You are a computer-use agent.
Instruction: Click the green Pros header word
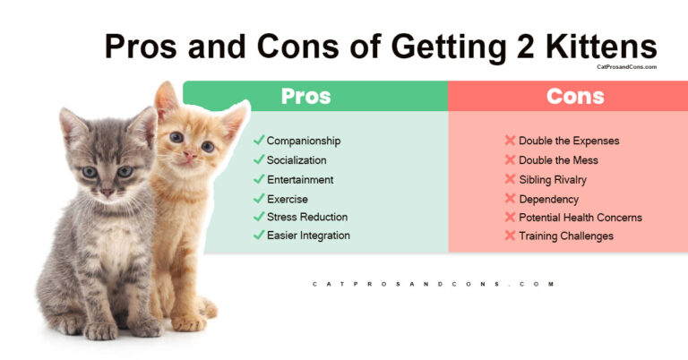coord(305,97)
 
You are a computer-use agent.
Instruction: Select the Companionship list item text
coord(303,141)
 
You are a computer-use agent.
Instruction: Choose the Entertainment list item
coord(299,179)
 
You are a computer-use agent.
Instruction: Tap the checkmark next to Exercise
coord(258,198)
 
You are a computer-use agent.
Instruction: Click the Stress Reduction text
coord(306,217)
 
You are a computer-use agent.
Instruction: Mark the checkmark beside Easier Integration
coord(258,236)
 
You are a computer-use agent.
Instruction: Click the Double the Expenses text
coord(569,141)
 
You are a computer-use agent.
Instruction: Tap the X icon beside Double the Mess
coord(510,160)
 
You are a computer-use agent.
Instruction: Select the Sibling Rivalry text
coord(553,179)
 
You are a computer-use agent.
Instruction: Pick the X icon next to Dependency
coord(510,198)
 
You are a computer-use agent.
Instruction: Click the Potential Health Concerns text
coord(580,217)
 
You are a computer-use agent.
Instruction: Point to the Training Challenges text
coord(565,236)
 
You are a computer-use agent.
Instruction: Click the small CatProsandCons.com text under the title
coord(626,66)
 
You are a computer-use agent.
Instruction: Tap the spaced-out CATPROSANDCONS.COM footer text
coord(434,284)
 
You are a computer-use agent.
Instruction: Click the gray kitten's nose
coord(106,190)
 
